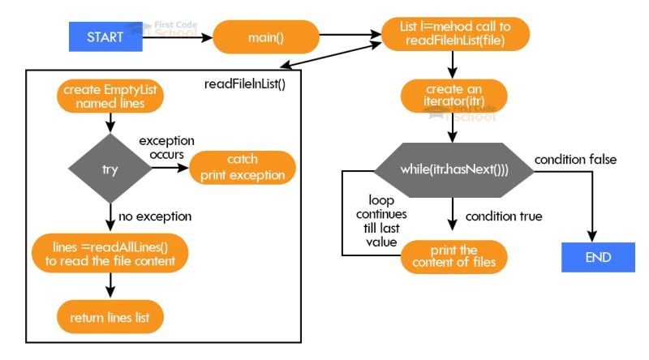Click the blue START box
(106, 36)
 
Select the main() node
(266, 36)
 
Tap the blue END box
(598, 257)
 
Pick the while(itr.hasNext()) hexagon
(453, 169)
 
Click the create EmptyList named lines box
(110, 96)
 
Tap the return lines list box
(110, 315)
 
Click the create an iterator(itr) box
(454, 96)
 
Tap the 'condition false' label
(575, 159)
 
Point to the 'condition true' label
(504, 216)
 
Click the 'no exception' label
(154, 216)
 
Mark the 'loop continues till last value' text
(381, 219)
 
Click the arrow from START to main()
(178, 36)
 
